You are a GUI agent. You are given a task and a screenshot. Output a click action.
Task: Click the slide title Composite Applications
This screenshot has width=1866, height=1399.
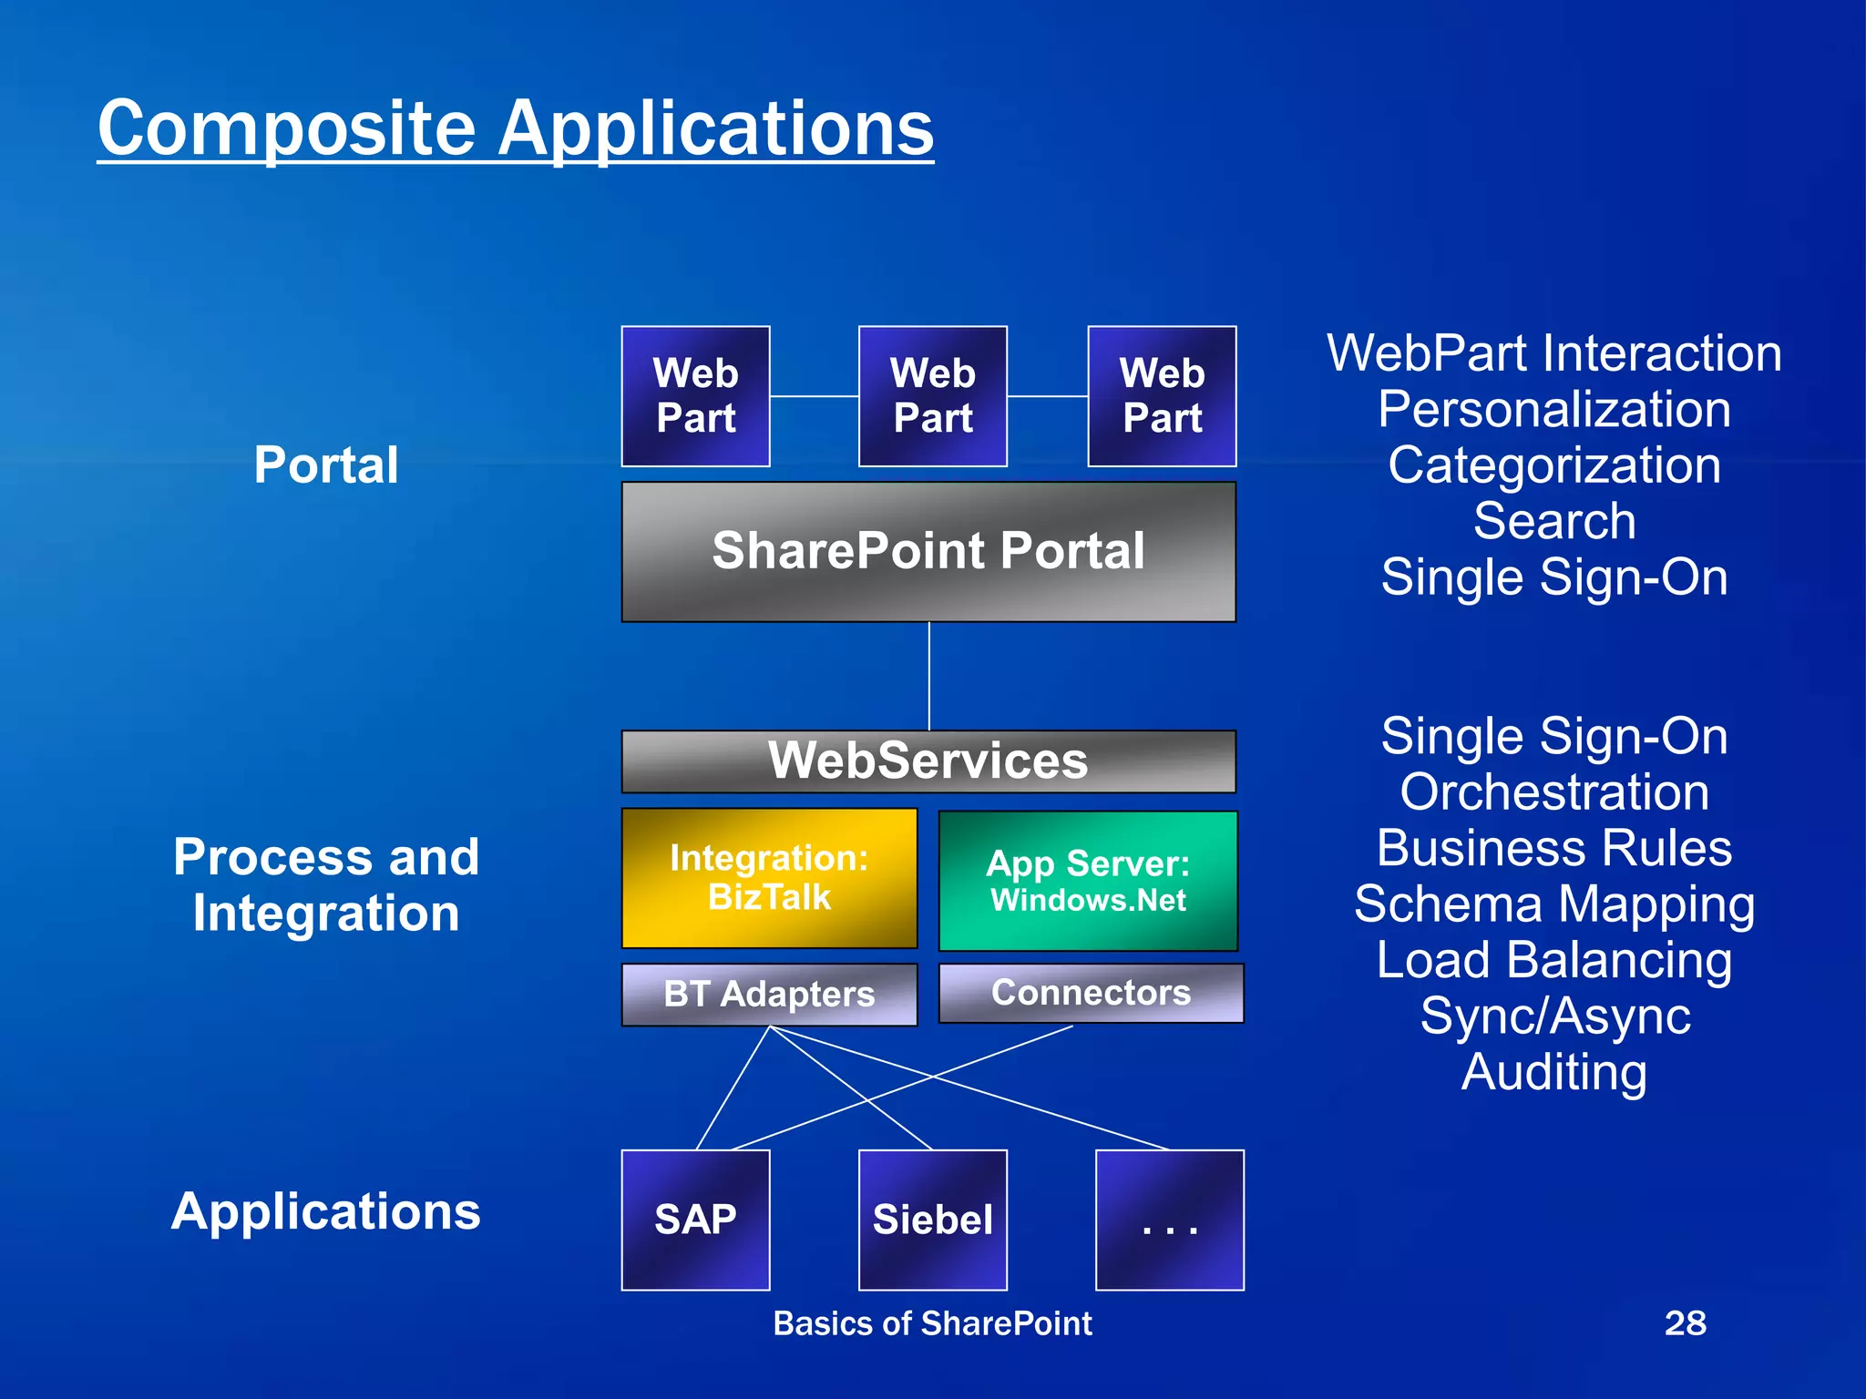click(x=515, y=128)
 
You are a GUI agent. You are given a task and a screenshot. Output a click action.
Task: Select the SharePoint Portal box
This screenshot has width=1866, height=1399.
click(x=928, y=552)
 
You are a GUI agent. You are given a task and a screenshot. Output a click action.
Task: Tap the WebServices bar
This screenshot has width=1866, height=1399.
click(x=928, y=761)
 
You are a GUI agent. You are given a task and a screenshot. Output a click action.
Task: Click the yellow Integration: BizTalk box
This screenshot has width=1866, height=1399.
click(x=769, y=878)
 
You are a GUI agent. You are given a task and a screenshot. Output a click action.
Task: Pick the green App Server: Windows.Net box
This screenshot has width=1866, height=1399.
click(x=1088, y=881)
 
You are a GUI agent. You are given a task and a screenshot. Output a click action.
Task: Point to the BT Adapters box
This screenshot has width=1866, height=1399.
click(x=769, y=994)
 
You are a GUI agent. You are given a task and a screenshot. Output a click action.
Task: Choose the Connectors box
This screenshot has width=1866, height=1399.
click(x=1091, y=993)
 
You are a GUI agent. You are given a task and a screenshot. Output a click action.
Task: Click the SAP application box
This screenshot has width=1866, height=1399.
click(x=695, y=1220)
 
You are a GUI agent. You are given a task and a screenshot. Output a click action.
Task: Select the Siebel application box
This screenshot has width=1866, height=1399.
click(x=932, y=1220)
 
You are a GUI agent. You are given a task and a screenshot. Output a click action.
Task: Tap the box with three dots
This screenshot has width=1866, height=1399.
click(x=1169, y=1220)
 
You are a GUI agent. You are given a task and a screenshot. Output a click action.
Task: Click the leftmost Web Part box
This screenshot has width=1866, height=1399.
click(x=695, y=396)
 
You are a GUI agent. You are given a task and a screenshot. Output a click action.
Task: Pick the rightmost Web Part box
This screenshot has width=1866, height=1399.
click(x=1162, y=396)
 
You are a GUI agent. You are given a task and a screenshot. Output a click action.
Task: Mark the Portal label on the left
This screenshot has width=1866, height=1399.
click(x=325, y=465)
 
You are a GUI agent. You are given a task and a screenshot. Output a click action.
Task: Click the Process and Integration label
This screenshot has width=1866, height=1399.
click(x=325, y=884)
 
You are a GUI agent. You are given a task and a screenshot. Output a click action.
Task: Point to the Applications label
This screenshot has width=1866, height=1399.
click(x=325, y=1211)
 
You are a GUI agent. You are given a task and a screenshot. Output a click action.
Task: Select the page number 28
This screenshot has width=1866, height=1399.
click(x=1685, y=1322)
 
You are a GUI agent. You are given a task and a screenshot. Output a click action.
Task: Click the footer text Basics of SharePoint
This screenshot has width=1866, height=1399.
click(x=931, y=1323)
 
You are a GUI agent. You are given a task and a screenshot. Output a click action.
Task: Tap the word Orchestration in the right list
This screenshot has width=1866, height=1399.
click(x=1553, y=792)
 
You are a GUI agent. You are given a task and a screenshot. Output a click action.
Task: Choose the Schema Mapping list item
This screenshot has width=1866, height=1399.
click(x=1553, y=904)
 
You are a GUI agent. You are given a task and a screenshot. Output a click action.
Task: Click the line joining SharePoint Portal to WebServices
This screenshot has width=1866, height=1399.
click(x=928, y=676)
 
